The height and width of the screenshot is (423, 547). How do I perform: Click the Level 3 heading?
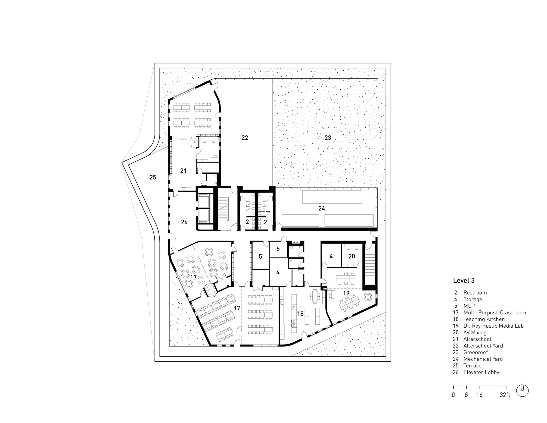click(x=464, y=280)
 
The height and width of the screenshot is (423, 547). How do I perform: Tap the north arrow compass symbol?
click(x=522, y=390)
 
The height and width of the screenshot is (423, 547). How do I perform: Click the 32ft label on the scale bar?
click(x=505, y=395)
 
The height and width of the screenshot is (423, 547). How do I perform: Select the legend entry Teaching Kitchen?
click(x=484, y=319)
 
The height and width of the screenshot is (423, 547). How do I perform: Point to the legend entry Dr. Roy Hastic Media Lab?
click(x=493, y=326)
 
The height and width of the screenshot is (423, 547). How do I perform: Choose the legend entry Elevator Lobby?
click(x=481, y=372)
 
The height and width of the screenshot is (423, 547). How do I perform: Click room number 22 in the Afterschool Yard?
click(x=245, y=138)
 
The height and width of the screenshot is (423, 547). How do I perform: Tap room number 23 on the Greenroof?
click(x=328, y=138)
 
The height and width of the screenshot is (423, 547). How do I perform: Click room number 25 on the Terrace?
click(x=153, y=177)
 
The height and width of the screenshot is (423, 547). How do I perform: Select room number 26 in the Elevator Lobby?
click(x=184, y=222)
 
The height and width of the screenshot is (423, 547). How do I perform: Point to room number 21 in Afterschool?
click(x=183, y=171)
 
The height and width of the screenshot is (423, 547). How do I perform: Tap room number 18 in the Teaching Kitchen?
click(x=300, y=313)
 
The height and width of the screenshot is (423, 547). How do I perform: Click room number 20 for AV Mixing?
click(x=352, y=256)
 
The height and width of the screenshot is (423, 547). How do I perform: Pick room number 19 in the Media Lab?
click(x=346, y=293)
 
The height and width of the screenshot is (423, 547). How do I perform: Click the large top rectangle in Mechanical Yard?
click(x=332, y=197)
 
